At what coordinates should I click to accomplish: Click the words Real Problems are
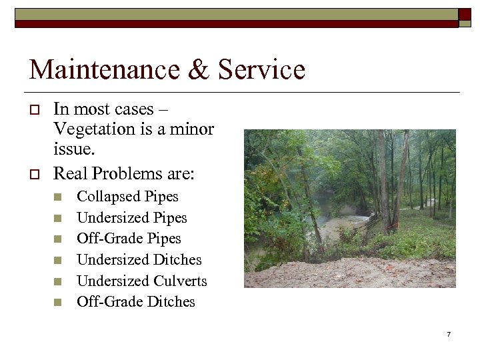(124, 173)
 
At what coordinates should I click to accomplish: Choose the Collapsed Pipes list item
(127, 197)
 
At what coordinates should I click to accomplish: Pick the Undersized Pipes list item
(132, 217)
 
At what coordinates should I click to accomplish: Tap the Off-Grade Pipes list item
(129, 239)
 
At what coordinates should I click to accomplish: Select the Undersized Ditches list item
(139, 259)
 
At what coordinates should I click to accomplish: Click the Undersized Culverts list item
(142, 281)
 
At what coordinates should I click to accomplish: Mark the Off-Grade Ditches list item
(136, 301)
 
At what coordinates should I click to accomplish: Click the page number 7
(449, 333)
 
